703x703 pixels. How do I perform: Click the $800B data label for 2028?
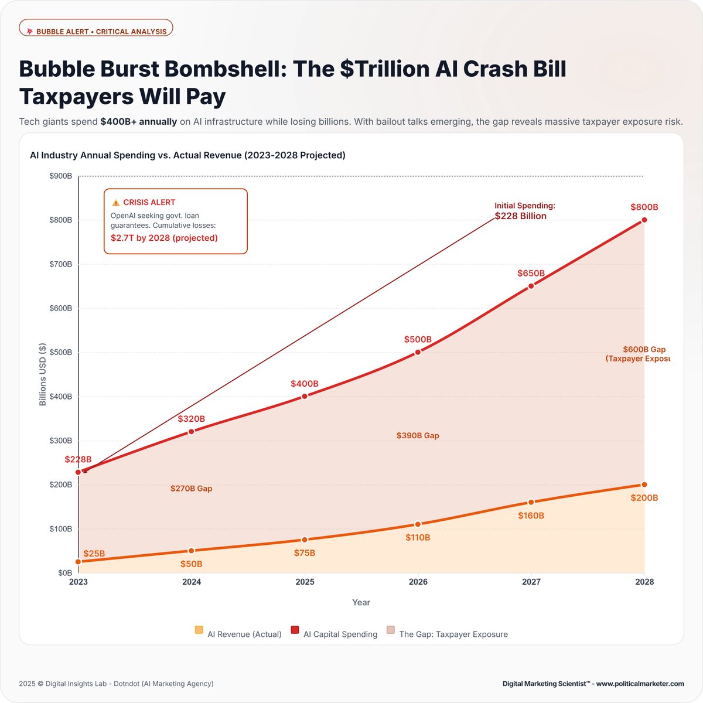tap(644, 207)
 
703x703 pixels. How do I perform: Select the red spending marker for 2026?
tap(418, 352)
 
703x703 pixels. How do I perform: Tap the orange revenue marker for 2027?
tap(531, 502)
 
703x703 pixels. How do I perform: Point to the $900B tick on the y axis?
tap(60, 176)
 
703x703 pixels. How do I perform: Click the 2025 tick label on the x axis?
tap(305, 582)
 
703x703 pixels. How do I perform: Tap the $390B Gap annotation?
tap(418, 435)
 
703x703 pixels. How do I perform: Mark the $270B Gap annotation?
tap(191, 488)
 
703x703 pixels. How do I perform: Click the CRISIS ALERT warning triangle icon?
tap(115, 203)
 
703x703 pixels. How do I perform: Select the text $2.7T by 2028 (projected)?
tap(164, 238)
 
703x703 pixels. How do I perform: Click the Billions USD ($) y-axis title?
tap(43, 375)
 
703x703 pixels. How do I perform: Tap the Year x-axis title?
tap(361, 602)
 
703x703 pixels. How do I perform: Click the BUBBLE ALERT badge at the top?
tap(96, 31)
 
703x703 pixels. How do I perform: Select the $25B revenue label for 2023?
tap(94, 554)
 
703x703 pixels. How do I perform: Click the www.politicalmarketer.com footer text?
tap(640, 684)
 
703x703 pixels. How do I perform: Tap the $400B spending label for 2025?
tap(305, 384)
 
